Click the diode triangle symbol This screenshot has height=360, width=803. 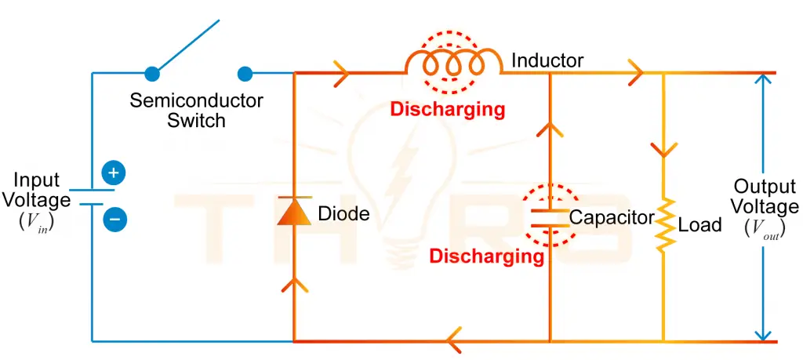click(293, 212)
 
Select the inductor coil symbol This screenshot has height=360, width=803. click(452, 64)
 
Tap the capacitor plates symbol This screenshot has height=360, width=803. click(549, 217)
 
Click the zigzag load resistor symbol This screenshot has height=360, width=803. click(664, 224)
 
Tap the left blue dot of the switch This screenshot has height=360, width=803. click(153, 74)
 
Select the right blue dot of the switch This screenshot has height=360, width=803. click(245, 74)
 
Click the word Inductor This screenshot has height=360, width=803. click(547, 60)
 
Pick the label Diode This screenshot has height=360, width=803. click(343, 213)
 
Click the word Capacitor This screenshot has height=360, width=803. click(612, 217)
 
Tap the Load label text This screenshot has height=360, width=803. click(699, 226)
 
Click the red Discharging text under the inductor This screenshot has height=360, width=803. click(447, 109)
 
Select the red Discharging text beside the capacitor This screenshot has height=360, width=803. click(486, 256)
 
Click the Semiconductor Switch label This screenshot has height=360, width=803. click(196, 111)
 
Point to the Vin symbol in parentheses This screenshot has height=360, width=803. click(36, 224)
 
